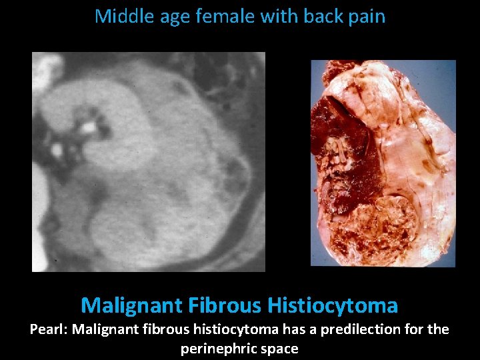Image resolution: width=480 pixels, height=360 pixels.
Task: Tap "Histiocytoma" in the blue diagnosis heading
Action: (x=333, y=306)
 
